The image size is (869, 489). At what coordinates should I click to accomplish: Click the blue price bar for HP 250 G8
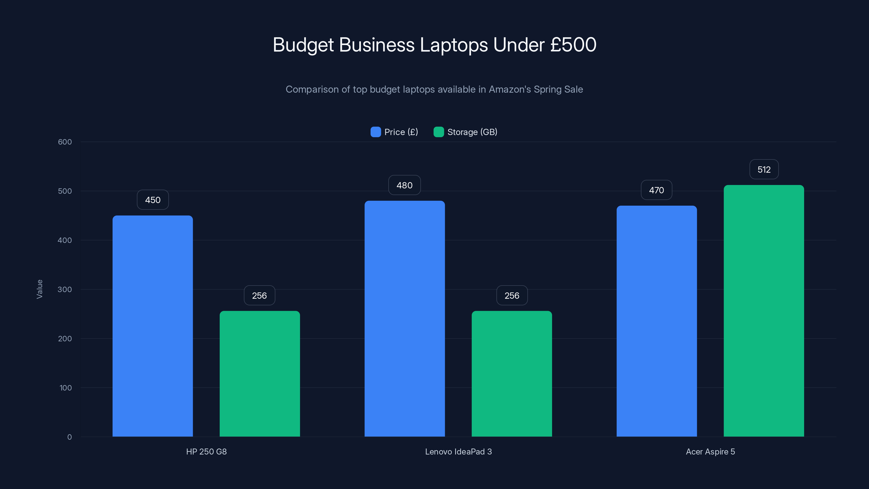pyautogui.click(x=152, y=326)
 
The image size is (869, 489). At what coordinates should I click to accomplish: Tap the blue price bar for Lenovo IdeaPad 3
pyautogui.click(x=404, y=319)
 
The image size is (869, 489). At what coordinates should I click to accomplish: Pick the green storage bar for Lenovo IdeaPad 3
pyautogui.click(x=511, y=374)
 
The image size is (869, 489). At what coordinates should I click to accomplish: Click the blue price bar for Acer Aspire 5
pyautogui.click(x=656, y=321)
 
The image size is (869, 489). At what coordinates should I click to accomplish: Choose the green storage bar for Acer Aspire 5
pyautogui.click(x=763, y=311)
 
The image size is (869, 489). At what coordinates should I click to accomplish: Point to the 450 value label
pyautogui.click(x=152, y=200)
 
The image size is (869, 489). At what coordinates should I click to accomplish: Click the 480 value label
pyautogui.click(x=404, y=185)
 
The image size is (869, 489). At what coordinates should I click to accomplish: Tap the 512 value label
pyautogui.click(x=764, y=170)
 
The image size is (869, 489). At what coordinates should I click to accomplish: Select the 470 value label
pyautogui.click(x=656, y=190)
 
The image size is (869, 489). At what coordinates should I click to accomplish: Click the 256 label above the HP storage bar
pyautogui.click(x=259, y=295)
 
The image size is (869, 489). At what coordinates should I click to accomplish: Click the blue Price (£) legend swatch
pyautogui.click(x=376, y=132)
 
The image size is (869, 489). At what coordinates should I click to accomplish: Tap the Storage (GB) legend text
pyautogui.click(x=472, y=132)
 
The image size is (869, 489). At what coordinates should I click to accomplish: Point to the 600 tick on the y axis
pyautogui.click(x=65, y=142)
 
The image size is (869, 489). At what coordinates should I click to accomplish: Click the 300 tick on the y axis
pyautogui.click(x=65, y=289)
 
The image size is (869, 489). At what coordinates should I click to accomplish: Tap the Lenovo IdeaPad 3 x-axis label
pyautogui.click(x=458, y=452)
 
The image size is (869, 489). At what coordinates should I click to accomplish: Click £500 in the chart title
pyautogui.click(x=573, y=45)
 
